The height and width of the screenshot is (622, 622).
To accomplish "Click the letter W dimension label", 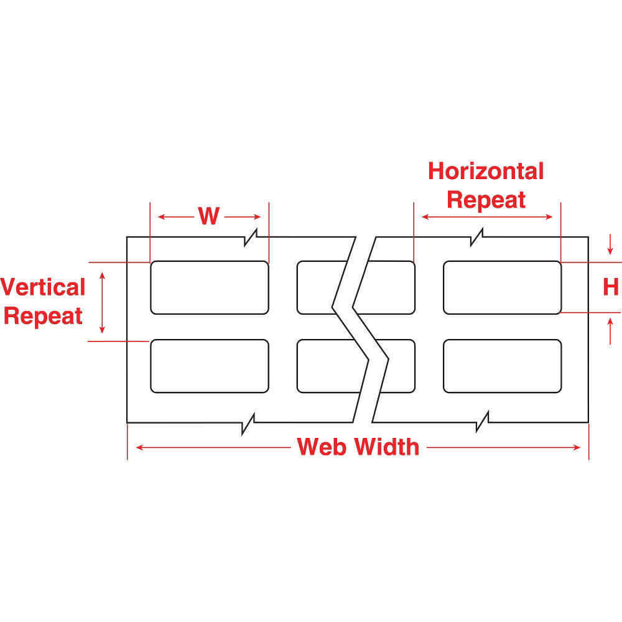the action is pyautogui.click(x=208, y=216).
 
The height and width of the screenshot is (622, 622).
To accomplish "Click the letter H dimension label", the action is pyautogui.click(x=611, y=287).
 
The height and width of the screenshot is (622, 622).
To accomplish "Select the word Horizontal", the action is pyautogui.click(x=486, y=172).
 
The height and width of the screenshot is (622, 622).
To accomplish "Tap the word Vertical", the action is pyautogui.click(x=43, y=287).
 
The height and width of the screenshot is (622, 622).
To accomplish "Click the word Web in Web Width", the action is pyautogui.click(x=322, y=447).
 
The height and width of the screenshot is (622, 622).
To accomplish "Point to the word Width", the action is pyautogui.click(x=387, y=447).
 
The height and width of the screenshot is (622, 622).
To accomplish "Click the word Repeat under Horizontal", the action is pyautogui.click(x=486, y=200).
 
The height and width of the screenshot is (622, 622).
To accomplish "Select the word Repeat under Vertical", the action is pyautogui.click(x=43, y=316).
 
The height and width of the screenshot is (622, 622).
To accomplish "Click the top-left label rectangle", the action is pyautogui.click(x=210, y=287).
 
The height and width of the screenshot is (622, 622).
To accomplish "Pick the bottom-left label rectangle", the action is pyautogui.click(x=210, y=366).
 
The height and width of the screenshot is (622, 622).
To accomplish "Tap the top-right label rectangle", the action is pyautogui.click(x=502, y=287).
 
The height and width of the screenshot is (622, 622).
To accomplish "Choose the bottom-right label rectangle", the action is pyautogui.click(x=502, y=366).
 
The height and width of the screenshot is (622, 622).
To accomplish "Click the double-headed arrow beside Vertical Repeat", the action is pyautogui.click(x=102, y=303).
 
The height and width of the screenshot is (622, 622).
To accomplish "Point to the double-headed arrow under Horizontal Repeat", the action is pyautogui.click(x=487, y=216).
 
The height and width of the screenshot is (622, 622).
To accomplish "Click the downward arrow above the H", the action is pyautogui.click(x=610, y=244).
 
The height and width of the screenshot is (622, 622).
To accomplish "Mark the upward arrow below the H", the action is pyautogui.click(x=610, y=332).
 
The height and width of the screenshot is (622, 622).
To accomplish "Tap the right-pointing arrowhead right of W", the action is pyautogui.click(x=257, y=216).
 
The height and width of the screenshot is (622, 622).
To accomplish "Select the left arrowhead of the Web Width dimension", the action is pyautogui.click(x=139, y=447).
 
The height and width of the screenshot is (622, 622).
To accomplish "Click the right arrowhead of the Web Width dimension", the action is pyautogui.click(x=577, y=447).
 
